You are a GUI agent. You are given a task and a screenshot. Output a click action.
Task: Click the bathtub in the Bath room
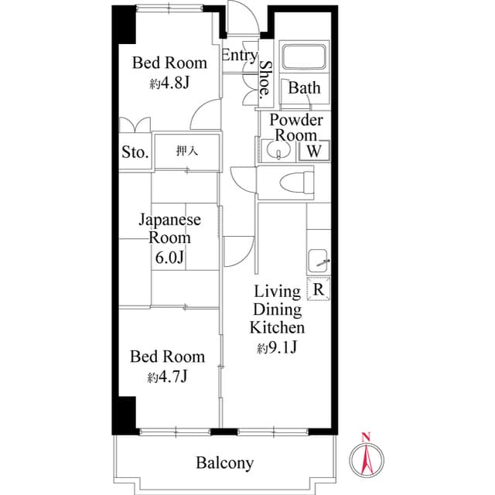(304, 56)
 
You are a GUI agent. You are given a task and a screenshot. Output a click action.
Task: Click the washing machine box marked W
(314, 150)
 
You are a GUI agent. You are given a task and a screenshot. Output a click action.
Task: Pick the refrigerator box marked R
(319, 288)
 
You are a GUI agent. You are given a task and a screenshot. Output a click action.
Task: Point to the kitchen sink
(318, 261)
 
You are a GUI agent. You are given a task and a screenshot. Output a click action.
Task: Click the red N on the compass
(366, 437)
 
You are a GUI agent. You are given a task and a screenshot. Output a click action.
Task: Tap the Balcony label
(225, 463)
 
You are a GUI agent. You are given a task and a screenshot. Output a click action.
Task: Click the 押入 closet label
(187, 151)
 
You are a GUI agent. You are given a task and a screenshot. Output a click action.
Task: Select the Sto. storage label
(135, 152)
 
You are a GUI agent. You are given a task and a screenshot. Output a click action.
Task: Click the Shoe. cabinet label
(265, 78)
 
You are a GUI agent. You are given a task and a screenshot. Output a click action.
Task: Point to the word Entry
(240, 56)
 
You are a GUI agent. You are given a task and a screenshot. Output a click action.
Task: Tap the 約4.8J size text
(169, 84)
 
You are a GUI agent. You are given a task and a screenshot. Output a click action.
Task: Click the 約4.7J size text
(167, 377)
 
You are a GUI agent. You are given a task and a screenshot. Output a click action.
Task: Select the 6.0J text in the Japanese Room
(169, 258)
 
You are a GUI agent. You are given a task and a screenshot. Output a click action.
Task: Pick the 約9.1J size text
(277, 347)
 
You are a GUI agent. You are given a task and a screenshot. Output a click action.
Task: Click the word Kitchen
(277, 328)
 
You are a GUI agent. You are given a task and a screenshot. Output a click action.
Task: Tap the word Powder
(296, 120)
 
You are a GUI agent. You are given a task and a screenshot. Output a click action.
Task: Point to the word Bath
(304, 87)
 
